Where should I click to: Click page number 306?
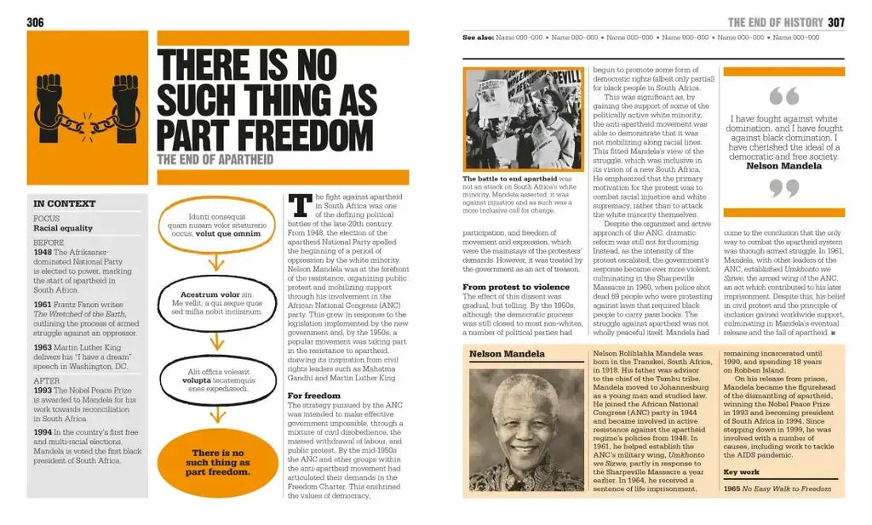[x=35, y=22]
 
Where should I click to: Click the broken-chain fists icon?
[x=88, y=108]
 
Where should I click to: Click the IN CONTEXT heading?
[x=64, y=203]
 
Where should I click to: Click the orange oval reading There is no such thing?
[x=219, y=463]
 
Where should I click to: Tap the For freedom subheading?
[x=313, y=396]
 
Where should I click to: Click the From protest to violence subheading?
[x=516, y=287]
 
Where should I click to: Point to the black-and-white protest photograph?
[x=524, y=119]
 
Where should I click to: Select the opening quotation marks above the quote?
[x=783, y=96]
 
